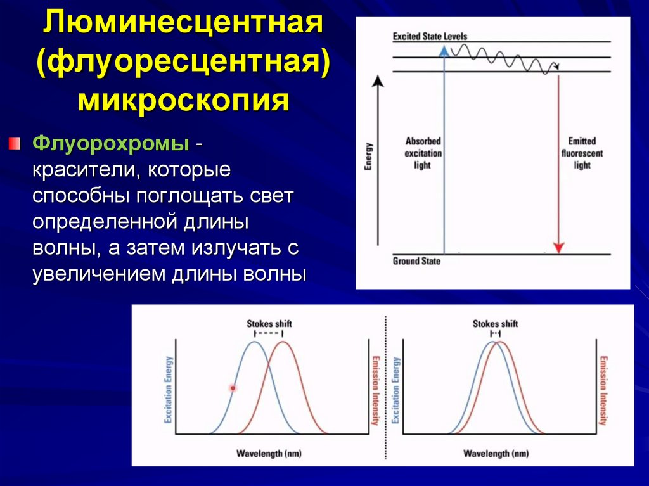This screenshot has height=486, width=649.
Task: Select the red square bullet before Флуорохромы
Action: (x=15, y=143)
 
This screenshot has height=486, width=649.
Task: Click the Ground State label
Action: (x=416, y=260)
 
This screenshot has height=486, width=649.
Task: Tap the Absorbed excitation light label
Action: (x=423, y=153)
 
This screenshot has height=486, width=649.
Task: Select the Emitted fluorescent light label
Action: (x=581, y=153)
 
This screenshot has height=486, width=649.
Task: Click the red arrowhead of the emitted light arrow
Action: (x=558, y=247)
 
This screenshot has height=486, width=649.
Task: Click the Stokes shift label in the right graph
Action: (x=495, y=324)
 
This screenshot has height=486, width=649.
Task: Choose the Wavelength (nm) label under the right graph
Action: (x=496, y=454)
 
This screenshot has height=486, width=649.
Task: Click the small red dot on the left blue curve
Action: (x=233, y=387)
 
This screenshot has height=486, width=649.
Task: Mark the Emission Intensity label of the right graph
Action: (x=603, y=390)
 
